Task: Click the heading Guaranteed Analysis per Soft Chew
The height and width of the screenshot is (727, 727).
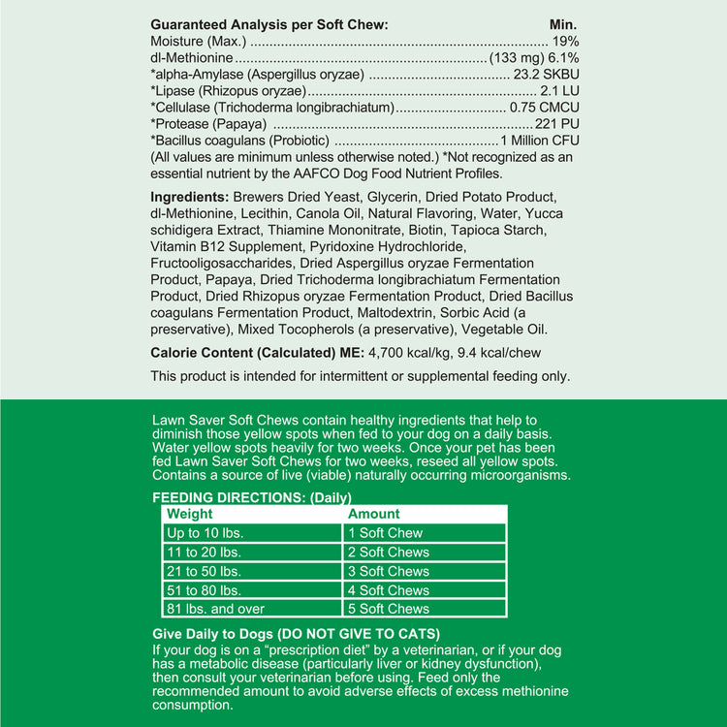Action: (269, 24)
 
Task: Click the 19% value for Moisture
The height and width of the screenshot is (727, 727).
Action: (564, 42)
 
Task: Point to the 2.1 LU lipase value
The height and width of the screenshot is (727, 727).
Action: (559, 90)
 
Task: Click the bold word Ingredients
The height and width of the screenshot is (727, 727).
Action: (191, 197)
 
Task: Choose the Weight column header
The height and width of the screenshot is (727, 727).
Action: (190, 514)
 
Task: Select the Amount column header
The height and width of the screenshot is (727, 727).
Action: (373, 514)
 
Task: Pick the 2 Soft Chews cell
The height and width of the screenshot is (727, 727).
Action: (388, 553)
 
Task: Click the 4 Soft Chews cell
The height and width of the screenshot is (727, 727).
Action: (388, 590)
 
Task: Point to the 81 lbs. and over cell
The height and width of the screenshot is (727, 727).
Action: (216, 609)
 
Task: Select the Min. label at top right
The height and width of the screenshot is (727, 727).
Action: (562, 24)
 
